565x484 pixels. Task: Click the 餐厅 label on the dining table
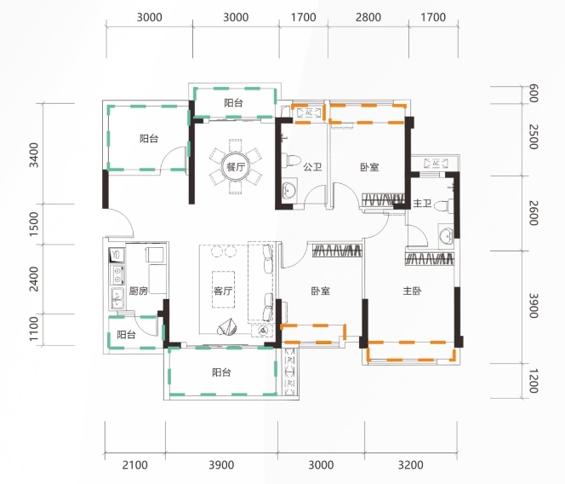pos(236,167)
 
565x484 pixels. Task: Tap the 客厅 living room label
pos(223,291)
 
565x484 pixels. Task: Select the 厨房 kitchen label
pos(139,291)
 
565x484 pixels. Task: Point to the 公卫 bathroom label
pos(312,167)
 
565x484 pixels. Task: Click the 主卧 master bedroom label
pos(412,291)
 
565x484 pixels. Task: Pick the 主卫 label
pos(422,203)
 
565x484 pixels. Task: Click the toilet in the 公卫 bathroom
pos(291,160)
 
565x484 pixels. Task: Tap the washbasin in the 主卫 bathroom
pos(446,236)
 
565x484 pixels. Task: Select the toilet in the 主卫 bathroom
pos(443,205)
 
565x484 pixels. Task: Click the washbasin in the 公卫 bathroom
pos(289,189)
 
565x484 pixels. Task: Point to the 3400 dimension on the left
pos(33,155)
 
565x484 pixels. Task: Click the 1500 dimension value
pos(33,224)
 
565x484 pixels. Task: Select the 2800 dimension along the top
pos(368,17)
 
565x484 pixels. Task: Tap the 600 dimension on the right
pos(534,93)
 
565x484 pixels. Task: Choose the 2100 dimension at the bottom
pos(134,465)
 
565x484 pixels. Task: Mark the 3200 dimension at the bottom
pos(410,465)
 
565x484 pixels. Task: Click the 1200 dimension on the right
pos(534,381)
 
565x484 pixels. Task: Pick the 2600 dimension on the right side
pos(534,213)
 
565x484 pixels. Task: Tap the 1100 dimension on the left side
pos(33,328)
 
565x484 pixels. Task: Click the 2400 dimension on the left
pos(33,279)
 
